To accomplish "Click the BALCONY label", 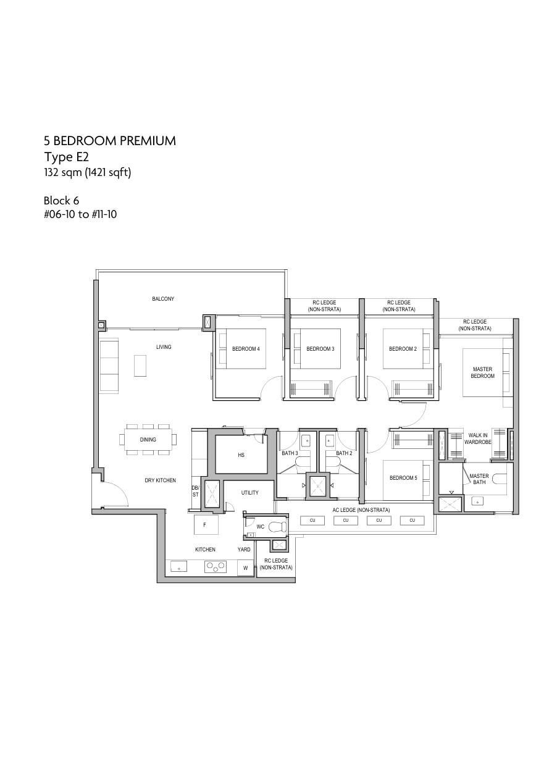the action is (x=163, y=299).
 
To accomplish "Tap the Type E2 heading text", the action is (x=66, y=157).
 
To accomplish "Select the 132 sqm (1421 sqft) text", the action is (x=88, y=172).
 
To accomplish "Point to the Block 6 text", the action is (x=61, y=200).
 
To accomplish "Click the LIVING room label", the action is (x=164, y=347).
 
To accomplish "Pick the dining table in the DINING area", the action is (x=148, y=440).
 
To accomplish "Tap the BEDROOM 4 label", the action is (x=246, y=349).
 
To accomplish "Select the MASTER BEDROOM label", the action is (x=482, y=372).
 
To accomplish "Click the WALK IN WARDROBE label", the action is (x=478, y=438).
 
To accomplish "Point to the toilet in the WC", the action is (x=277, y=527).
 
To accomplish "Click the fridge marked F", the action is (x=204, y=524).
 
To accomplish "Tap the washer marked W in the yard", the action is (x=245, y=567).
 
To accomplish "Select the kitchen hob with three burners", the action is (x=216, y=566).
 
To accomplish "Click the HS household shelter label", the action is (x=241, y=455).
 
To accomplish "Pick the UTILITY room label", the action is (x=249, y=493).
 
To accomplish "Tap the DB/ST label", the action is (x=195, y=491).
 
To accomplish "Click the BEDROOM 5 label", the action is (x=403, y=478).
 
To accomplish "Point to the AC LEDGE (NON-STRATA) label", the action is (x=361, y=510).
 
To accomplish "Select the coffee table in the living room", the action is (x=140, y=366).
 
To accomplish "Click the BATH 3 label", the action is (x=290, y=453).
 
